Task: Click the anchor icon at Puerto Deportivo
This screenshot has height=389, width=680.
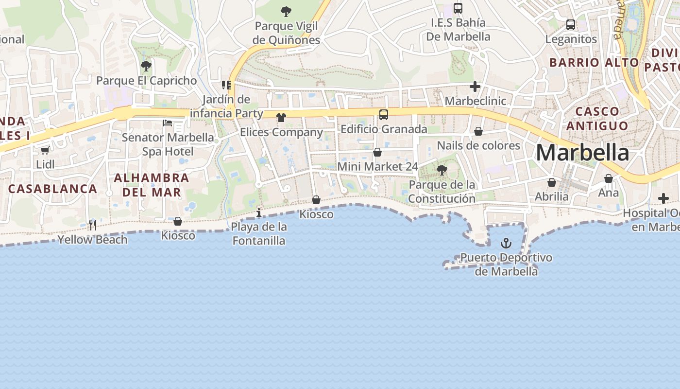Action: click(506, 243)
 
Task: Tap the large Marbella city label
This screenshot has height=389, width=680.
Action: click(582, 153)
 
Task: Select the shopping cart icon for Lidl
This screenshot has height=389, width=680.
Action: click(45, 151)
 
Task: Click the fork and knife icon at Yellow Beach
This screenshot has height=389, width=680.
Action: click(93, 225)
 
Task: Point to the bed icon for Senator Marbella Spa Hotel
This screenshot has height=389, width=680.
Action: click(168, 123)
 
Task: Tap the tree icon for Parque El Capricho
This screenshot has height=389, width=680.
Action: click(146, 66)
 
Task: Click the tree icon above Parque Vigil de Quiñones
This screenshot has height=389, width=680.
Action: click(287, 11)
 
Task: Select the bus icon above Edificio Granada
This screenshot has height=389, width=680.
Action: click(384, 115)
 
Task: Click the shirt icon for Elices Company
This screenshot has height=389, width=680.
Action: click(281, 118)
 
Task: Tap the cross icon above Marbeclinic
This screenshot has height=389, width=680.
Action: click(475, 87)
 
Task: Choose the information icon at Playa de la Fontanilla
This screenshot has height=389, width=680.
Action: click(259, 212)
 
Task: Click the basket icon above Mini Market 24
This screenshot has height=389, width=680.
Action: click(377, 152)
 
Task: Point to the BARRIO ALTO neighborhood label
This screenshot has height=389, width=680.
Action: click(594, 62)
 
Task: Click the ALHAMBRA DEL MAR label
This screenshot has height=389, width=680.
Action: click(152, 185)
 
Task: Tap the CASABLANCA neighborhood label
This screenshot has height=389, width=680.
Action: click(53, 189)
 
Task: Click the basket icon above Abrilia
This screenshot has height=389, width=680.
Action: click(552, 182)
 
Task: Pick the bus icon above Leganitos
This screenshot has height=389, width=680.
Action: click(571, 24)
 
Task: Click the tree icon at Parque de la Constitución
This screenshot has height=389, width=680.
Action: click(442, 170)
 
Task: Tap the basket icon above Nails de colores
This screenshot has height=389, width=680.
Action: click(478, 131)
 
